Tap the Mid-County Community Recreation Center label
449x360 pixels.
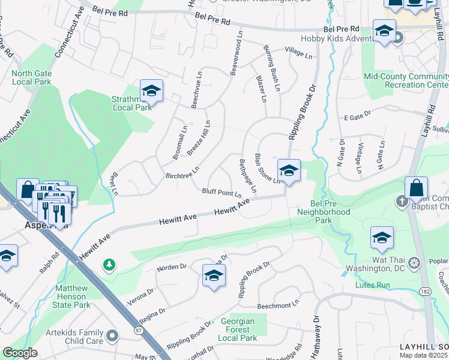(406, 81)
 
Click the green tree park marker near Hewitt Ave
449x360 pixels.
(109, 264)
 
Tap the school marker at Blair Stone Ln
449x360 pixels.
(289, 170)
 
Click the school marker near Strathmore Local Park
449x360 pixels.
(152, 92)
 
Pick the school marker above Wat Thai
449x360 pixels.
(382, 238)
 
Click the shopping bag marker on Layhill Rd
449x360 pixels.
(416, 188)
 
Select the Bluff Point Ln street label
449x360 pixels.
(221, 193)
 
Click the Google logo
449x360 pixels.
(19, 353)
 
